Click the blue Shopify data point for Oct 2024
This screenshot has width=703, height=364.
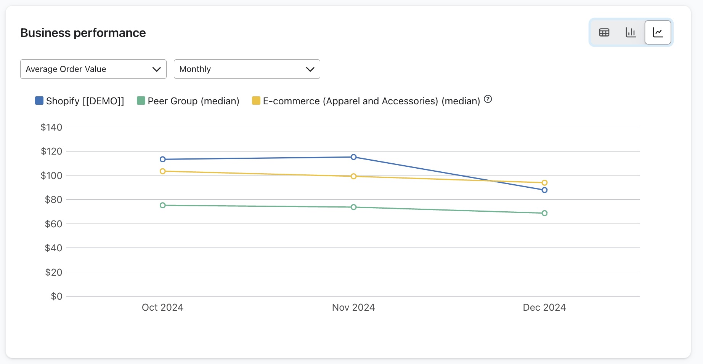coord(163,159)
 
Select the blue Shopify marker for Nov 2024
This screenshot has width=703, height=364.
coord(354,157)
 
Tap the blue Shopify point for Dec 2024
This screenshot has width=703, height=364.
coord(544,190)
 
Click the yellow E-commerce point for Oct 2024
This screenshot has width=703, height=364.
coord(163,171)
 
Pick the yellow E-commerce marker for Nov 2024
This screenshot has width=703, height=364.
coord(354,176)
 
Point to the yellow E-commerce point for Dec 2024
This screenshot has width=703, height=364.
coord(544,183)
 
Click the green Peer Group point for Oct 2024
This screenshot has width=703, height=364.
coord(163,205)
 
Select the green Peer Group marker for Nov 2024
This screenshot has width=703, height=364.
coord(354,207)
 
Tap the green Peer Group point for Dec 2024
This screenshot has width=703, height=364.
coord(544,213)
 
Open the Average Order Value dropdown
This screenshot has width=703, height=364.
coord(93,69)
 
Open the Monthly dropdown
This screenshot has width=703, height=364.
coord(247,69)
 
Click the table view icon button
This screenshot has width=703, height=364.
coord(604,33)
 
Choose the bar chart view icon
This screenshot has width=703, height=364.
coord(631,33)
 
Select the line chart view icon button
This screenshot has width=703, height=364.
coord(658,33)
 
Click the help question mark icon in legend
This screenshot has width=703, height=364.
coord(488,99)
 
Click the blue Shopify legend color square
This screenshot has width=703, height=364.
coord(39,101)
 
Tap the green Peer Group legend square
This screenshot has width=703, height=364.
coord(141,101)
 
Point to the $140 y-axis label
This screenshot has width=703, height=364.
coord(51,127)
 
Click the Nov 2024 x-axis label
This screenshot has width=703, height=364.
coord(353,307)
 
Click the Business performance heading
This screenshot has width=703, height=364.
coord(83,33)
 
